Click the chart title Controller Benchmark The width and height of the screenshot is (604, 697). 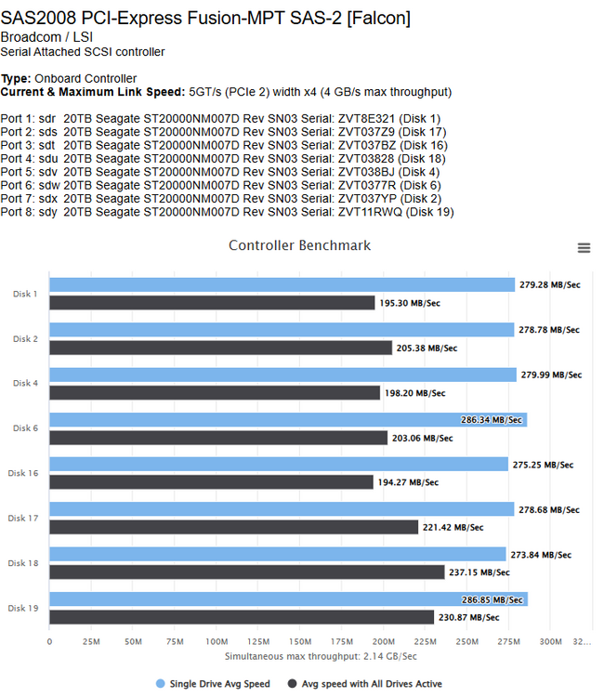click(x=299, y=245)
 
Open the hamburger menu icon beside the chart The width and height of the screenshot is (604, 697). click(x=584, y=247)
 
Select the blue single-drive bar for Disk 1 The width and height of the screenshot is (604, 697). click(x=282, y=285)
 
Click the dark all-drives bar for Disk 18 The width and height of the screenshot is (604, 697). click(x=247, y=572)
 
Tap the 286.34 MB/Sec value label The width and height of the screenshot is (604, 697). click(x=492, y=420)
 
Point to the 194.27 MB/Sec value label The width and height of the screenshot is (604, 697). click(x=408, y=482)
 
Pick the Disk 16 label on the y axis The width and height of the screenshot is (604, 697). click(x=23, y=473)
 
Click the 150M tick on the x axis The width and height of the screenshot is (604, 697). click(x=300, y=641)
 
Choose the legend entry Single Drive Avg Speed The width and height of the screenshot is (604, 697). click(x=214, y=684)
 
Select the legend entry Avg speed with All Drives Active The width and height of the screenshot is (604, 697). click(x=365, y=684)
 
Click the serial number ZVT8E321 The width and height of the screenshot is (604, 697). click(x=366, y=119)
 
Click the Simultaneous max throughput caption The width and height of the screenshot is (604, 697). click(x=321, y=656)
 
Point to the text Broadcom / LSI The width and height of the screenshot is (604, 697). click(x=46, y=37)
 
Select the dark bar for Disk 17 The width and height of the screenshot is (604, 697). click(x=234, y=527)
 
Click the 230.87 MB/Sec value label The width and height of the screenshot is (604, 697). click(x=469, y=617)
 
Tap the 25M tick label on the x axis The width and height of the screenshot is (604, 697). click(x=91, y=641)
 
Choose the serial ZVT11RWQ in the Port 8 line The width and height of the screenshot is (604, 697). click(x=370, y=212)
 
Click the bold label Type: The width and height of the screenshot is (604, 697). click(x=16, y=79)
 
